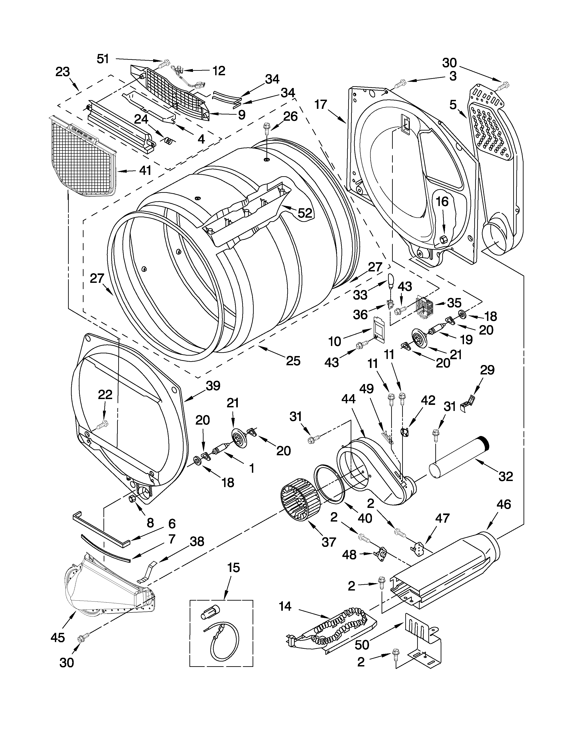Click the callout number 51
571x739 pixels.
click(x=103, y=59)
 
